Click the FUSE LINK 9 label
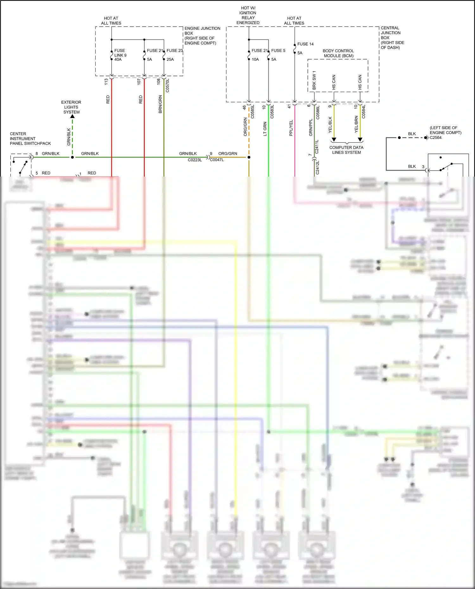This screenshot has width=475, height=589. coord(120,55)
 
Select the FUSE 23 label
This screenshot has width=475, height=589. coord(175,50)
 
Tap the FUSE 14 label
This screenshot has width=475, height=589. coord(305,44)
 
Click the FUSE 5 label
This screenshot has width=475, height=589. coord(278,50)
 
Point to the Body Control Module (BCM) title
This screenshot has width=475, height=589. coord(338,53)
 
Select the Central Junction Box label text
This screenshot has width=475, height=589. coord(392,37)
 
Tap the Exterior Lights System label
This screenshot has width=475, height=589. coord(71,107)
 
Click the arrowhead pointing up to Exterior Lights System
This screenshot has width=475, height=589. coord(73,116)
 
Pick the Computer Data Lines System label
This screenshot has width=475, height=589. coord(346,150)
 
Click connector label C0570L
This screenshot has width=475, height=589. coord(168,85)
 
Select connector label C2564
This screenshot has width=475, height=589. coord(435,137)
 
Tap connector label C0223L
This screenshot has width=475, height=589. coord(195,160)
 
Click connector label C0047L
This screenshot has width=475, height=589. coord(217,160)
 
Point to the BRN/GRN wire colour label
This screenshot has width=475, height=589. coord(160,104)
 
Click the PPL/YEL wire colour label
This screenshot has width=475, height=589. coord(291,128)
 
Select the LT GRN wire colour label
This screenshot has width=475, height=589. coord(265,129)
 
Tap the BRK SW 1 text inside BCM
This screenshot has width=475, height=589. coord(314,80)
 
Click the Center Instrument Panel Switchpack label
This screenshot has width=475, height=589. coord(30,139)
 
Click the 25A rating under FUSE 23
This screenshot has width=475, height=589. coord(170,59)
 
